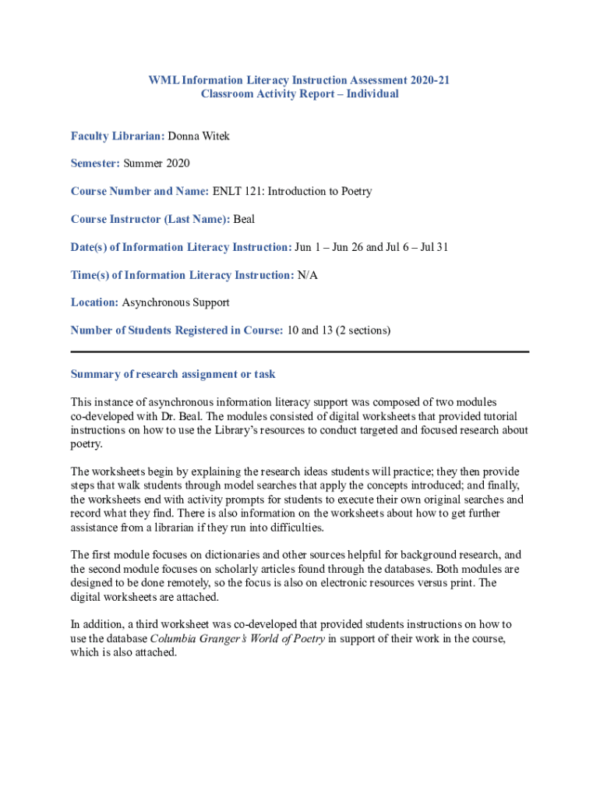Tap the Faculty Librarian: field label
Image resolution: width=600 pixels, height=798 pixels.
[x=118, y=136]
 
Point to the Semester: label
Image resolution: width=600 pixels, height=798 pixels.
[x=95, y=164]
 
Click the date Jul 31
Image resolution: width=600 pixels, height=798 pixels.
[x=432, y=248]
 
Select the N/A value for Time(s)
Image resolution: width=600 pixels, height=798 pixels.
[x=307, y=275]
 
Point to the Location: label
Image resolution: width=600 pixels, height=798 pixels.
[x=94, y=302]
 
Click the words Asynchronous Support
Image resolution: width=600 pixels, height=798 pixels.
[x=176, y=302]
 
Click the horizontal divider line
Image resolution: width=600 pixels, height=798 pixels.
[x=300, y=351]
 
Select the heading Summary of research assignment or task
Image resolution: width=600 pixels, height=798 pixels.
[x=173, y=374]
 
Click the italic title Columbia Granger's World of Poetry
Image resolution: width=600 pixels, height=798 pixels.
[x=237, y=639]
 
